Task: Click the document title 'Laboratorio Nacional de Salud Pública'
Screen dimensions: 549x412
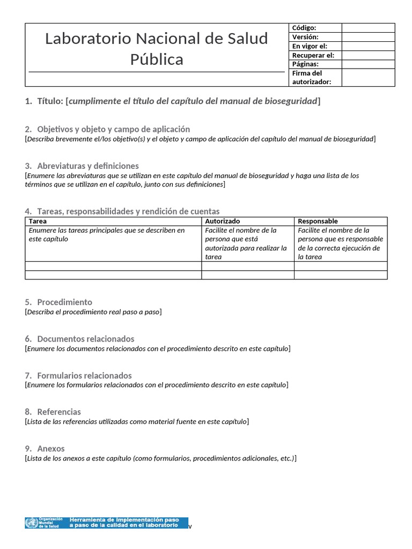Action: (156, 48)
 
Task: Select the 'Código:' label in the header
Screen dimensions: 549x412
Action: (304, 28)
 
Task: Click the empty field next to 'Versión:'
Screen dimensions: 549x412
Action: (367, 37)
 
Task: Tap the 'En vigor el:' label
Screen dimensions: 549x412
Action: (309, 46)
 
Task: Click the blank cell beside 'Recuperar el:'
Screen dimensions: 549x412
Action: (367, 55)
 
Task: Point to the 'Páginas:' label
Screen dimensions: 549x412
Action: (305, 64)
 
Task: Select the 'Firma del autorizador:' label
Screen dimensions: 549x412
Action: (311, 77)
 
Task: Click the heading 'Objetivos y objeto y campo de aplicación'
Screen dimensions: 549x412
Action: (113, 129)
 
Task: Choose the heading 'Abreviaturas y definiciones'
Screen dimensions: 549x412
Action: (88, 166)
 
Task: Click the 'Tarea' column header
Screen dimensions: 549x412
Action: (38, 221)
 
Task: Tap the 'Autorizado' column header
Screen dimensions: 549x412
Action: (222, 221)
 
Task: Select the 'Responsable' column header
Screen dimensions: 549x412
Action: (318, 221)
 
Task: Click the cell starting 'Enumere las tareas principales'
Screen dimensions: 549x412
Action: (106, 234)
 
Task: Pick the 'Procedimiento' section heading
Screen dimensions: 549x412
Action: (64, 302)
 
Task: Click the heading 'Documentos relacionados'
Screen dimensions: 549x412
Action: (85, 339)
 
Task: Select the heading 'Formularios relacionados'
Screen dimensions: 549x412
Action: (84, 375)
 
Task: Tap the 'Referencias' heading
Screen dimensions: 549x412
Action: (59, 412)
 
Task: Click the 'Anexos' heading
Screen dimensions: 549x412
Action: (50, 448)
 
